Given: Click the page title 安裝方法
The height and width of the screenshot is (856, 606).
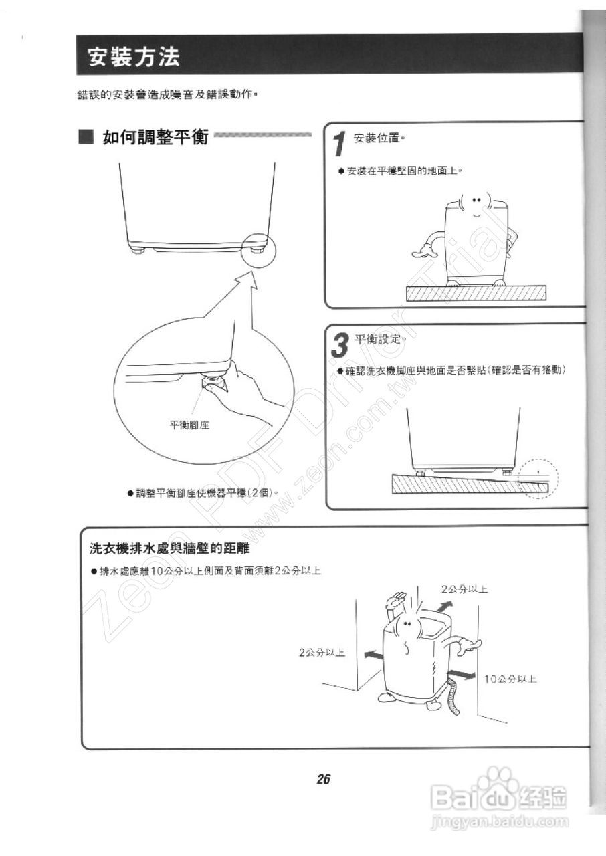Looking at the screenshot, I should point(134,58).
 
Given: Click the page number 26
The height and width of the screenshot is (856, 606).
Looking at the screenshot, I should point(324,779).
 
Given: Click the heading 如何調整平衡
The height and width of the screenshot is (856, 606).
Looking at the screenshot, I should point(155,138).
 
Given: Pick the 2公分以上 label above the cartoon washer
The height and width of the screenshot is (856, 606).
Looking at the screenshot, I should point(464,589).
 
